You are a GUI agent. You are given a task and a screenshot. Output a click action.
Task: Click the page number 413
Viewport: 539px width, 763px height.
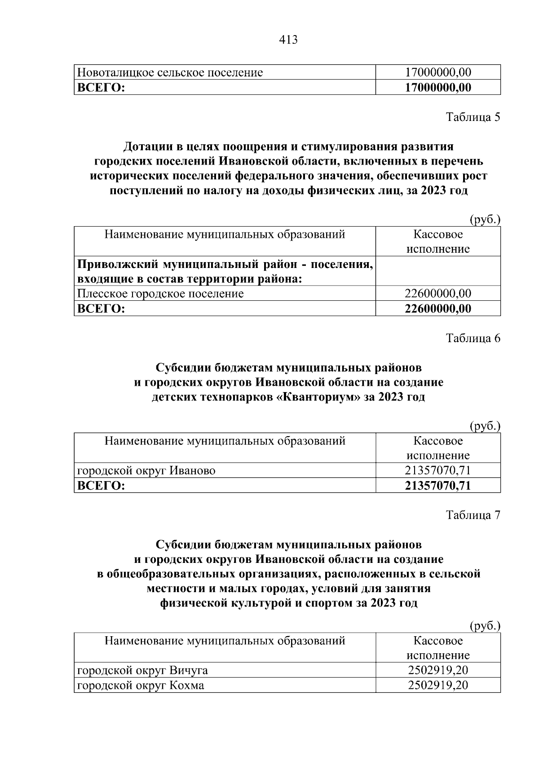(288, 40)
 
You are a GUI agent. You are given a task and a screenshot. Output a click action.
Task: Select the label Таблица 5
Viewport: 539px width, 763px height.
(473, 117)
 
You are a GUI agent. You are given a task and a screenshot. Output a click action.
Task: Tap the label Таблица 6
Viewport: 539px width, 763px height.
(473, 338)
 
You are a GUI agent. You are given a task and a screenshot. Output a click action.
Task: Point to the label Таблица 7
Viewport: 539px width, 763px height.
(473, 515)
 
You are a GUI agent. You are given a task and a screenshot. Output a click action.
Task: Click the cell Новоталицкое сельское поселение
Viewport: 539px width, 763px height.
(170, 72)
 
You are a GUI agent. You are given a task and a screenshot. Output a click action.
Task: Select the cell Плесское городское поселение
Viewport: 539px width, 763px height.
(161, 294)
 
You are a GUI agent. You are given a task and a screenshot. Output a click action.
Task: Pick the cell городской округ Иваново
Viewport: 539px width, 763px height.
(146, 471)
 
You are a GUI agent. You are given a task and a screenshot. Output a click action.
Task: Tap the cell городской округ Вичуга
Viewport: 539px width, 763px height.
(143, 670)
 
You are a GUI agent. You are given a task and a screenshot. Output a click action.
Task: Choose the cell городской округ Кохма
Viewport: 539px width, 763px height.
(141, 686)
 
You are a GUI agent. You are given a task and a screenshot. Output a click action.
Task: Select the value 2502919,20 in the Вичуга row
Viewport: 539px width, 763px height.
(438, 670)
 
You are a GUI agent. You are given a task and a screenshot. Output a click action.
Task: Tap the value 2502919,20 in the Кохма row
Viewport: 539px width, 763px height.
(438, 686)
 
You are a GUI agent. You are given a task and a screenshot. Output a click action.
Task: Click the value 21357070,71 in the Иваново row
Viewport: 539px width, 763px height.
(438, 471)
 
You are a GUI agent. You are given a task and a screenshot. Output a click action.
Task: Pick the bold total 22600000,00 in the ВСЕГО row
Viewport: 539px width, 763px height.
(438, 308)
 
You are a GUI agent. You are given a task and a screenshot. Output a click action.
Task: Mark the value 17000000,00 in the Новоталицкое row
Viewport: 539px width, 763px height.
(438, 72)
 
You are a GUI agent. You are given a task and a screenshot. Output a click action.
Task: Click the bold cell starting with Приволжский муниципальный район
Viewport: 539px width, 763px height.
(225, 272)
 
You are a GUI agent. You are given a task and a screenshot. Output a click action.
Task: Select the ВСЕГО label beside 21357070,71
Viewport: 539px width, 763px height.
(101, 486)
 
